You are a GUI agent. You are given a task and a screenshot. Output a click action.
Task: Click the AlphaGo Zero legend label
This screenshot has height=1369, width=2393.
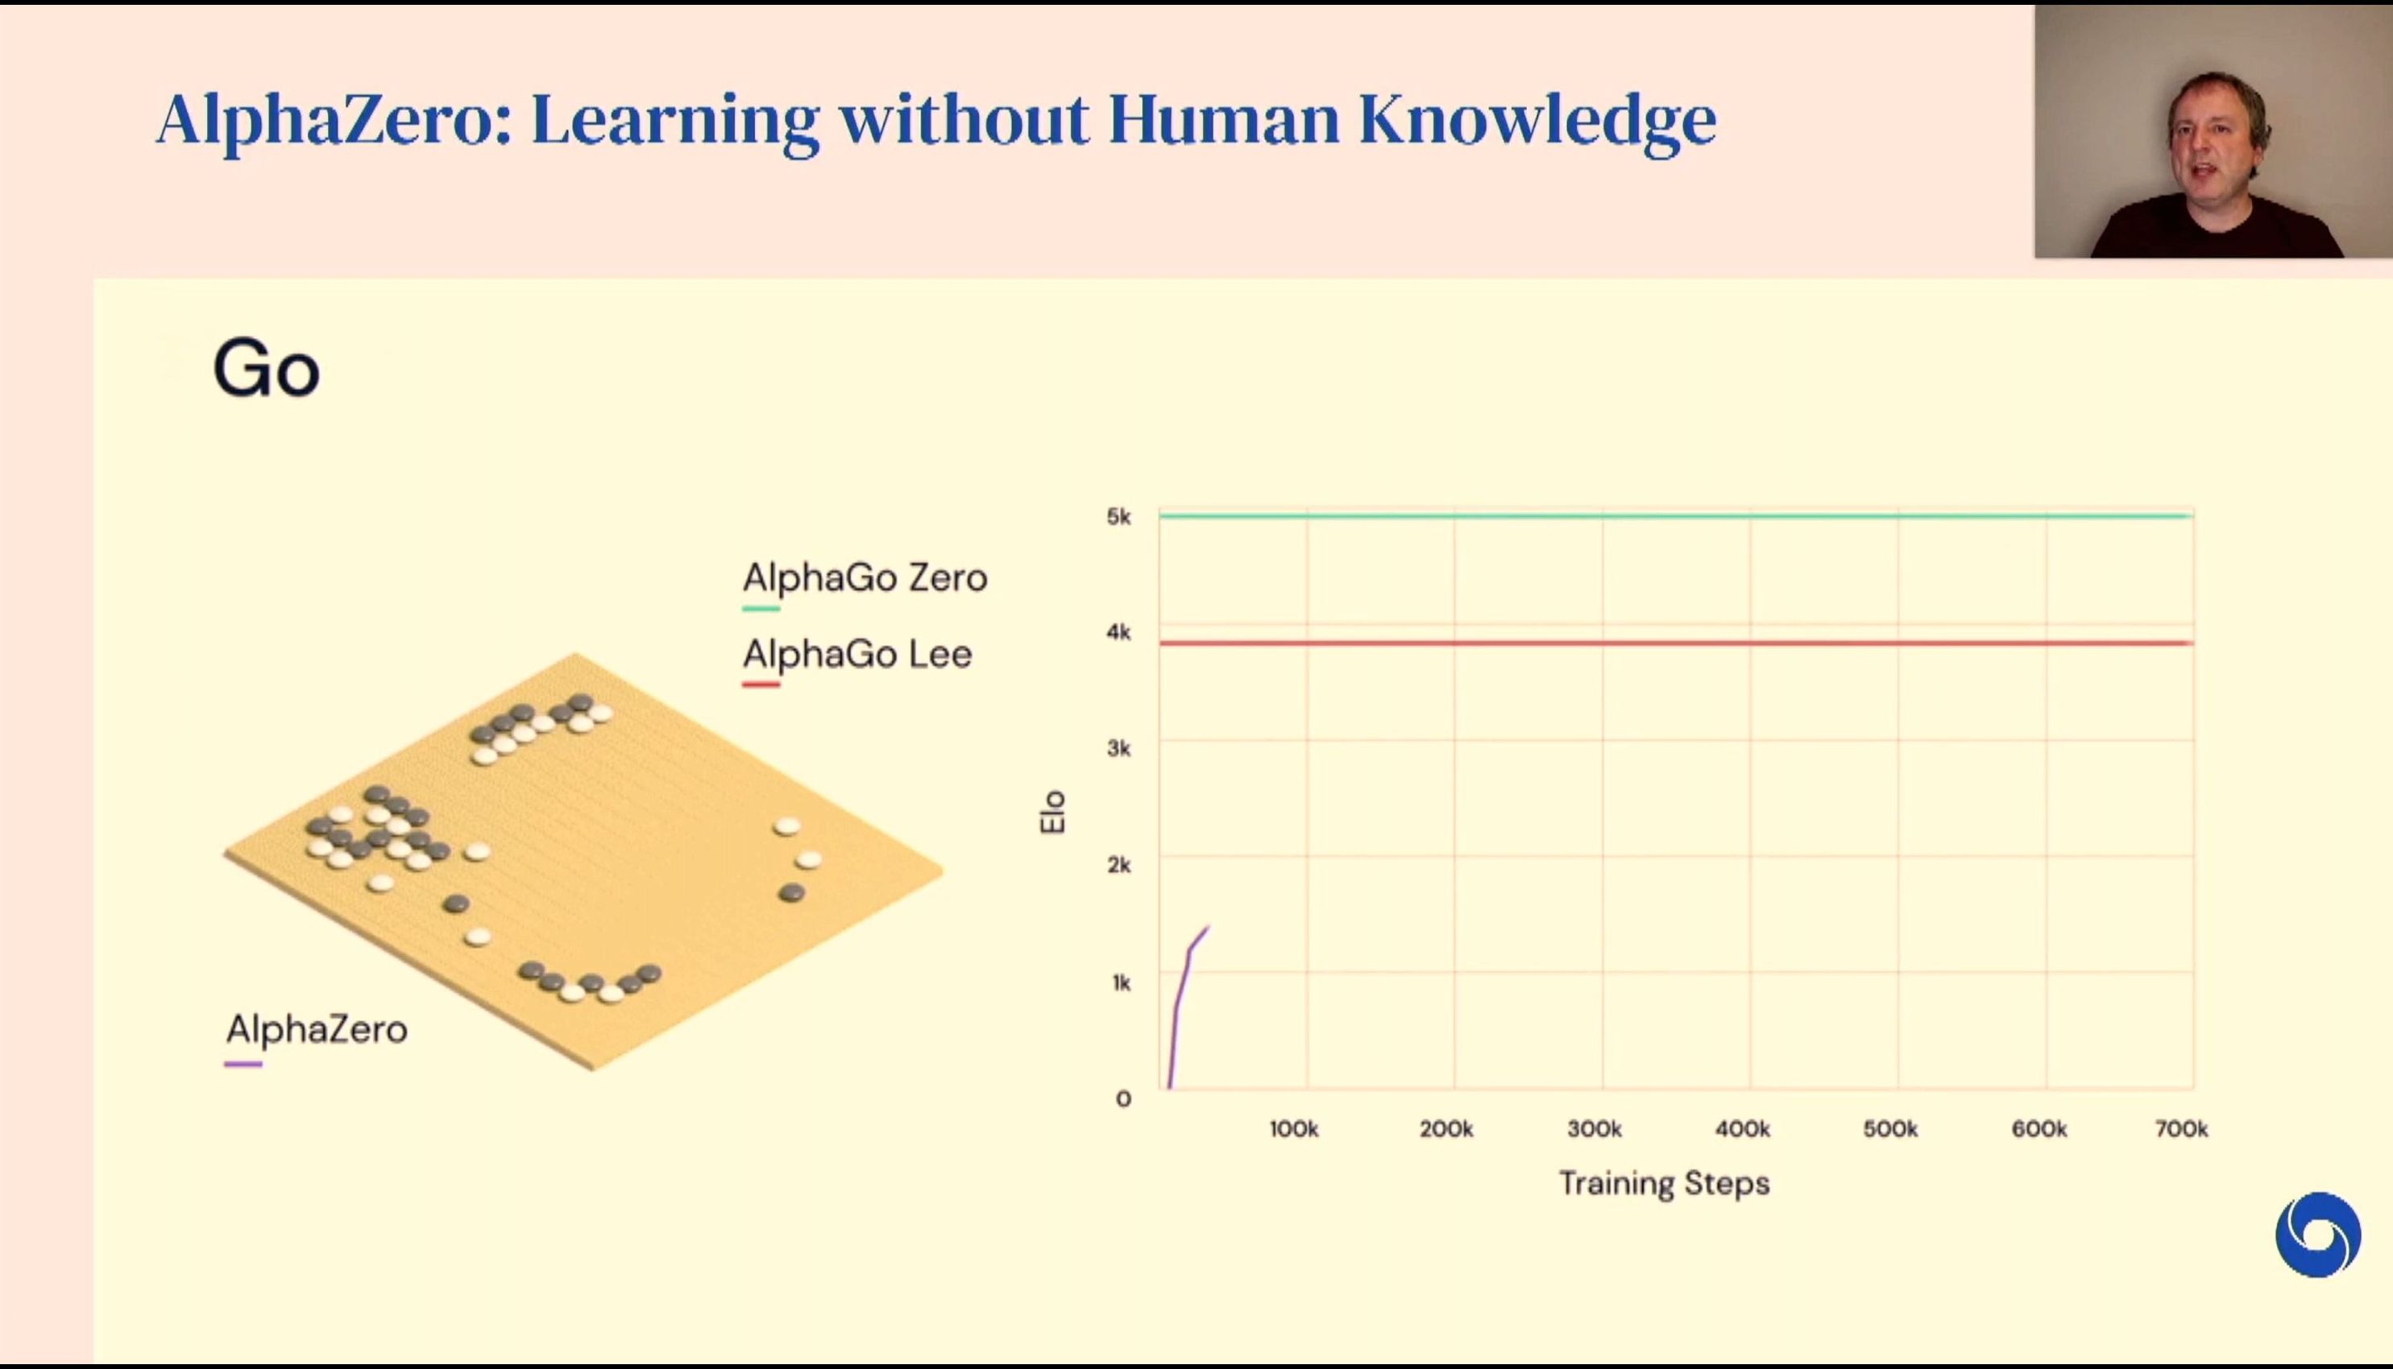[x=865, y=577]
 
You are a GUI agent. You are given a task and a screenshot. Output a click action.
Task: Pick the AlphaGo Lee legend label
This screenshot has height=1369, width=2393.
[x=857, y=653]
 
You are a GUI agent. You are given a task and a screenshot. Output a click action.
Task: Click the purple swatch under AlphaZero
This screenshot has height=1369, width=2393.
[x=243, y=1065]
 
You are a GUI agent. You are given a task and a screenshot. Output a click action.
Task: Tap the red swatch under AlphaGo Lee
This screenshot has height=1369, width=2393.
[x=760, y=684]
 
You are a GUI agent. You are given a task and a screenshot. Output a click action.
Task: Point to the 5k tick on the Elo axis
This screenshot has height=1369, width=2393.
[x=1118, y=516]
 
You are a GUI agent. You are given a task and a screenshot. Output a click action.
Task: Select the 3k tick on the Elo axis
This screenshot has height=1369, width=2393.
[x=1118, y=748]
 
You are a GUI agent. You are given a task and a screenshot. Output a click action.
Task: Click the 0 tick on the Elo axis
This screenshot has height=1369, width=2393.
[x=1123, y=1099]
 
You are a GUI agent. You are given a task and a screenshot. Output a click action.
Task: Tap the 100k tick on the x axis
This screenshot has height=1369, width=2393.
[x=1293, y=1129]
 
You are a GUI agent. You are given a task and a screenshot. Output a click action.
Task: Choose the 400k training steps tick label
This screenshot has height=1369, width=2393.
[x=1742, y=1129]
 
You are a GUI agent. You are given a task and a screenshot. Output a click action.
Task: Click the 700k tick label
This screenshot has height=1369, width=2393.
[x=2181, y=1129]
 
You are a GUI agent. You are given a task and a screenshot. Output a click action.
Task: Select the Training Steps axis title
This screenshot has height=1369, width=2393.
[x=1664, y=1184]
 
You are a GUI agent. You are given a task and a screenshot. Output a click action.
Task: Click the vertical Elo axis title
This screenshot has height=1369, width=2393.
[x=1052, y=812]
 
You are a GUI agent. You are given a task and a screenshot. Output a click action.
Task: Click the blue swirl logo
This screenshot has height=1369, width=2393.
[x=2318, y=1235]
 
